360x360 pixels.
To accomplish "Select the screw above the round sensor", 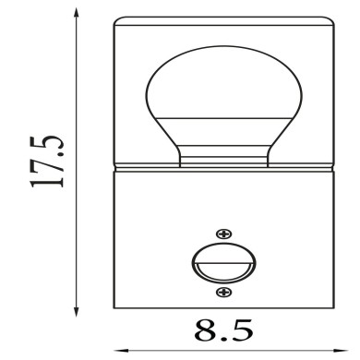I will point(222,234).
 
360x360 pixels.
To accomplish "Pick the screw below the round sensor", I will point(222,293).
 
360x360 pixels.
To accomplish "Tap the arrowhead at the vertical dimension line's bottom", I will point(75,309).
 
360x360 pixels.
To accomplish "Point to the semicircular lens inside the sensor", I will point(222,270).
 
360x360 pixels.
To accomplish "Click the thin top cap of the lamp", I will point(222,20).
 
